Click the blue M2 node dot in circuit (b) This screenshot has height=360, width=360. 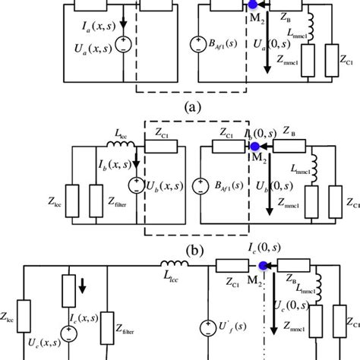pos(256,144)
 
